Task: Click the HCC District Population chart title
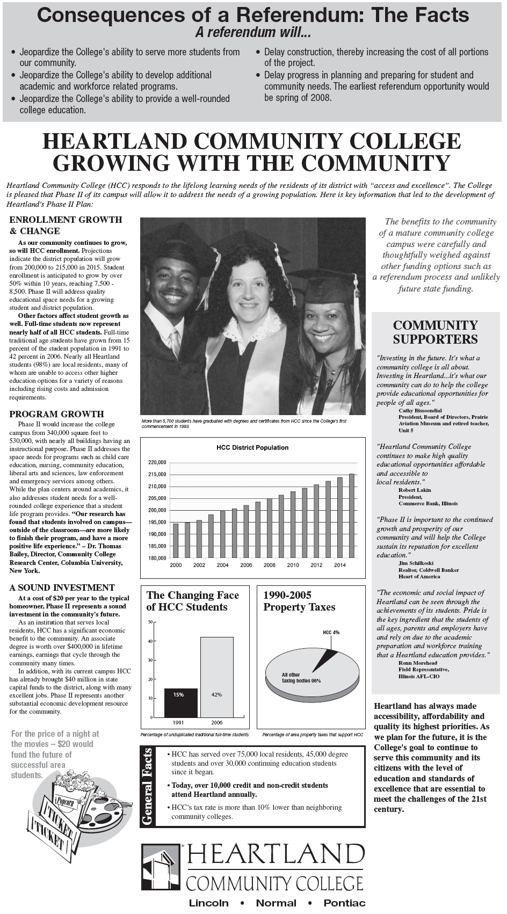(x=252, y=447)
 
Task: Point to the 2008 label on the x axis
(x=269, y=565)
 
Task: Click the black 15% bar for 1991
(x=180, y=702)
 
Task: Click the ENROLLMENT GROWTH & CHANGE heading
(x=66, y=225)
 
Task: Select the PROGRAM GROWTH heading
(x=56, y=414)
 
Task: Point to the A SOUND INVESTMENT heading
(x=62, y=587)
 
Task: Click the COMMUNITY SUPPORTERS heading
(x=435, y=332)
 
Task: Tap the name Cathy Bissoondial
(x=420, y=410)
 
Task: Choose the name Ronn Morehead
(x=417, y=663)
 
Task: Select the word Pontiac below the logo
(x=344, y=903)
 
